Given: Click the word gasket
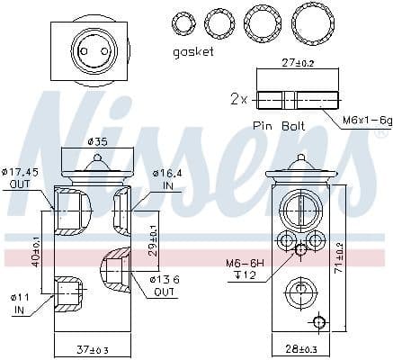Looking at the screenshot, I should (192, 52).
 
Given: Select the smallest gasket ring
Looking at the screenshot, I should (183, 21).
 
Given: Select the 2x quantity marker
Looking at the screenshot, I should (238, 99).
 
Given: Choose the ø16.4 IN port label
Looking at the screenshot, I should (167, 178).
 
